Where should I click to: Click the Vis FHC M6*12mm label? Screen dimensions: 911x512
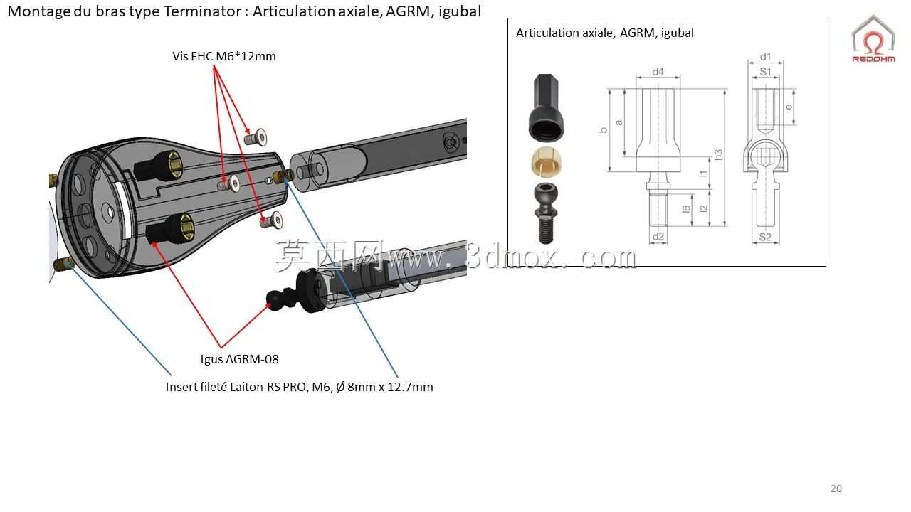(223, 56)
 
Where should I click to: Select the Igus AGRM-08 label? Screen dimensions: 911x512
(240, 359)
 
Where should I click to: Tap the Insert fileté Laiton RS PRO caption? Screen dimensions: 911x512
(299, 387)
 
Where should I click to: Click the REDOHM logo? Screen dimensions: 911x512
(873, 38)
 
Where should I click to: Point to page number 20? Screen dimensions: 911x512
(836, 489)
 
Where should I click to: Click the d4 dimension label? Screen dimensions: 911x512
(658, 72)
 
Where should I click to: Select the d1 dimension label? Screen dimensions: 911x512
(765, 56)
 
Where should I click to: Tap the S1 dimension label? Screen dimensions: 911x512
(765, 72)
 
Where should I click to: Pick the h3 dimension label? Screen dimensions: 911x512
(718, 155)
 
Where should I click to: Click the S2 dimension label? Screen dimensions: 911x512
(765, 237)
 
